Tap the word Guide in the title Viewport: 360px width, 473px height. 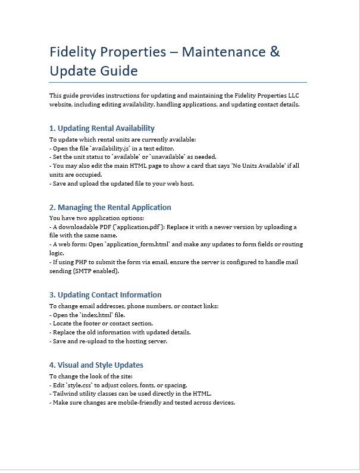pos(118,71)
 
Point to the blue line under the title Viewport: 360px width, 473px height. pos(178,82)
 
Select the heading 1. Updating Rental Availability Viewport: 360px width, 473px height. pos(102,128)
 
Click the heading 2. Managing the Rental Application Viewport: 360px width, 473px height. pos(110,207)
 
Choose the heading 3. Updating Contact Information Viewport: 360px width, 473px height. pos(105,295)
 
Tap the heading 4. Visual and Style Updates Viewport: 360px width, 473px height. pos(96,365)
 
